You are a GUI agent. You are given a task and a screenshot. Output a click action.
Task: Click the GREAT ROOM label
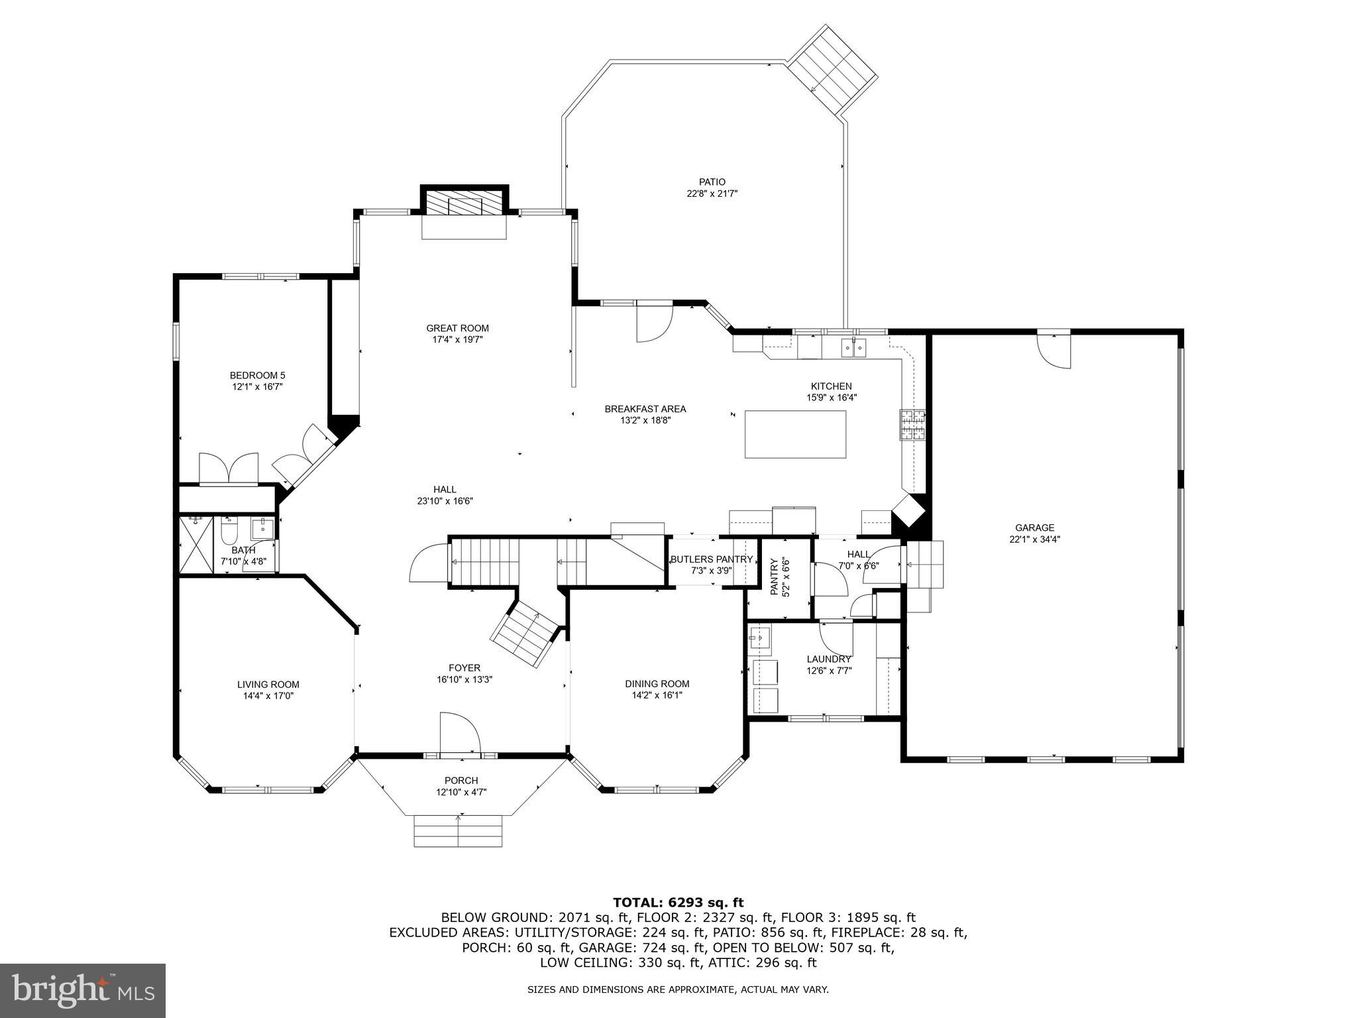point(457,328)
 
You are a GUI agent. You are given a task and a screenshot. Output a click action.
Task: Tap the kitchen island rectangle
point(795,434)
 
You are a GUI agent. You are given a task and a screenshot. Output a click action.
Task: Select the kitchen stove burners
point(912,425)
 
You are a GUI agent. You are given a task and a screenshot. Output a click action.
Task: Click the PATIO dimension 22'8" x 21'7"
point(712,194)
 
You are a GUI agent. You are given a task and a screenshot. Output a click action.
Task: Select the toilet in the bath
point(229,531)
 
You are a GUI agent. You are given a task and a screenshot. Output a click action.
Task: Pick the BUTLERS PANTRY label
point(711,559)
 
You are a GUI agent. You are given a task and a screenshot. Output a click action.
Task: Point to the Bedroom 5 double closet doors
point(229,469)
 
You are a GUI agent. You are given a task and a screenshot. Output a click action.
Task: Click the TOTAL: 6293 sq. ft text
point(678,902)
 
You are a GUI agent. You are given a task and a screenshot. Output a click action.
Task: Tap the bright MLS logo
point(82,990)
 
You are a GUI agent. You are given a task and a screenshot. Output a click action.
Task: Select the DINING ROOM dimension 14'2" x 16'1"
point(657,695)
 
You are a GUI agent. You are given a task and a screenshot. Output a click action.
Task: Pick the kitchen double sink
point(853,347)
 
